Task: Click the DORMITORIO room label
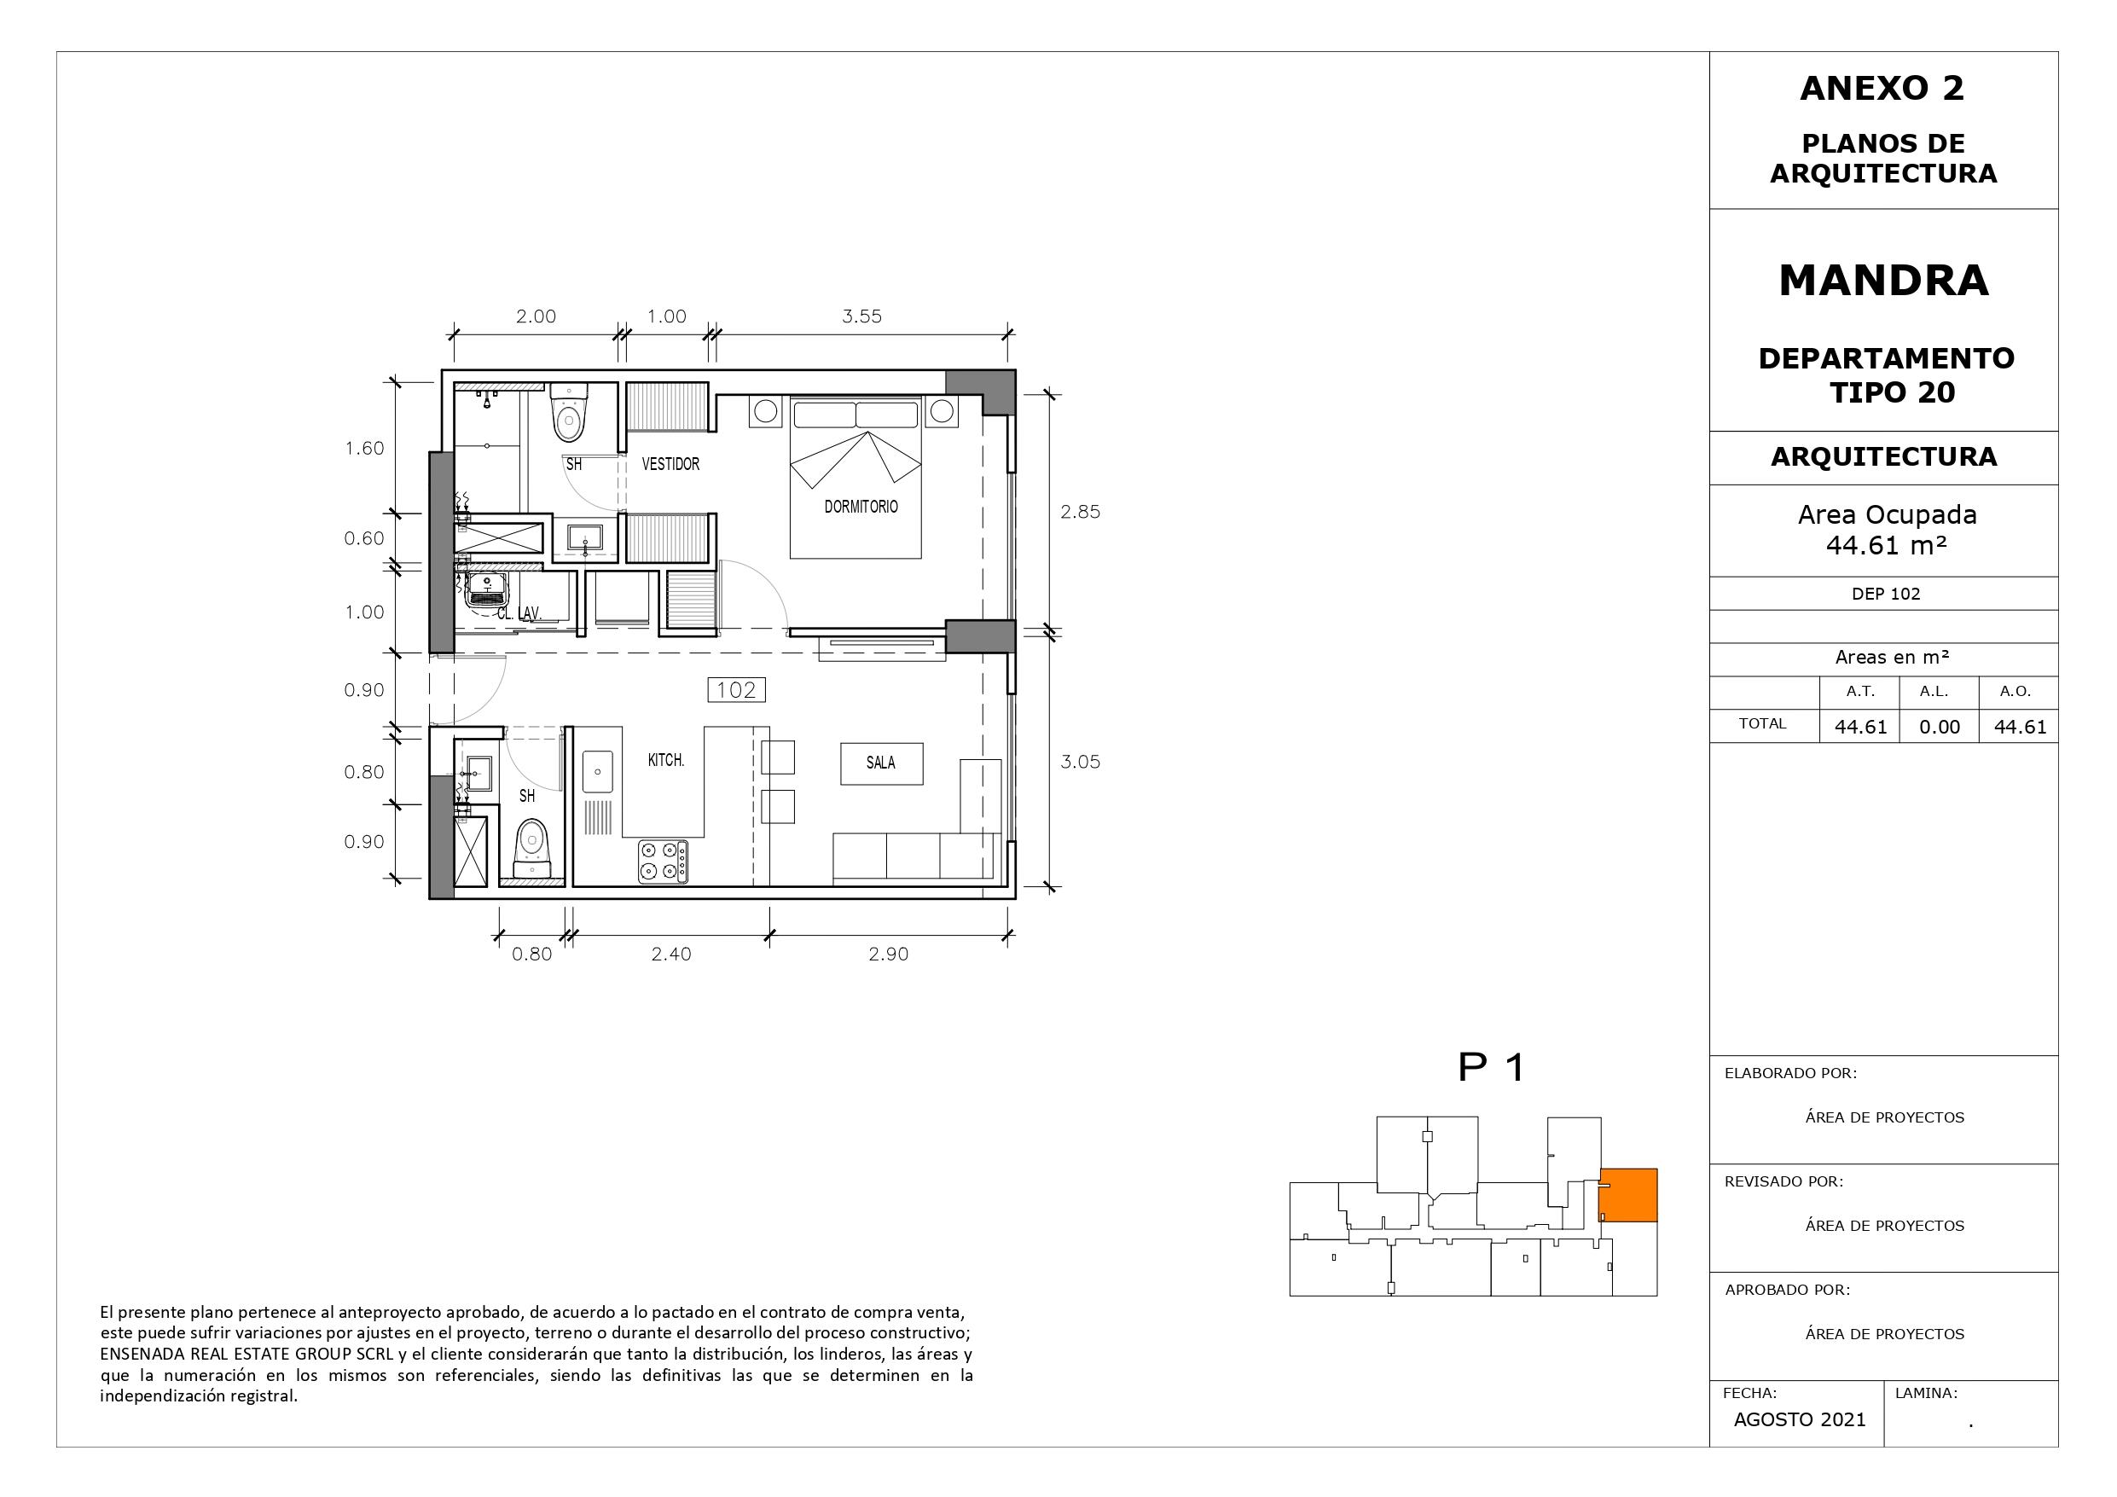(861, 507)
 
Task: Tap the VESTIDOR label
(670, 464)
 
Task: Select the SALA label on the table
(880, 763)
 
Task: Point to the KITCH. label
(665, 760)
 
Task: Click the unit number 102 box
(736, 690)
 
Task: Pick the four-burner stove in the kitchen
(663, 862)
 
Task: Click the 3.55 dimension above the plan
(861, 316)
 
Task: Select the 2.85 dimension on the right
(1080, 512)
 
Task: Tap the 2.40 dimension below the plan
(671, 954)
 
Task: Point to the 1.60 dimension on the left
(364, 449)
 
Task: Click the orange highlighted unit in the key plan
(1627, 1195)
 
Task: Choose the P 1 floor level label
(1491, 1067)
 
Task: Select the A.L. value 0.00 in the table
(1939, 727)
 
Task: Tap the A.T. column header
(1859, 691)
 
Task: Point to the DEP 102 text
(1886, 594)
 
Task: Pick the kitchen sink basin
(597, 771)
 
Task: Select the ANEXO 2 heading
(1882, 89)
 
